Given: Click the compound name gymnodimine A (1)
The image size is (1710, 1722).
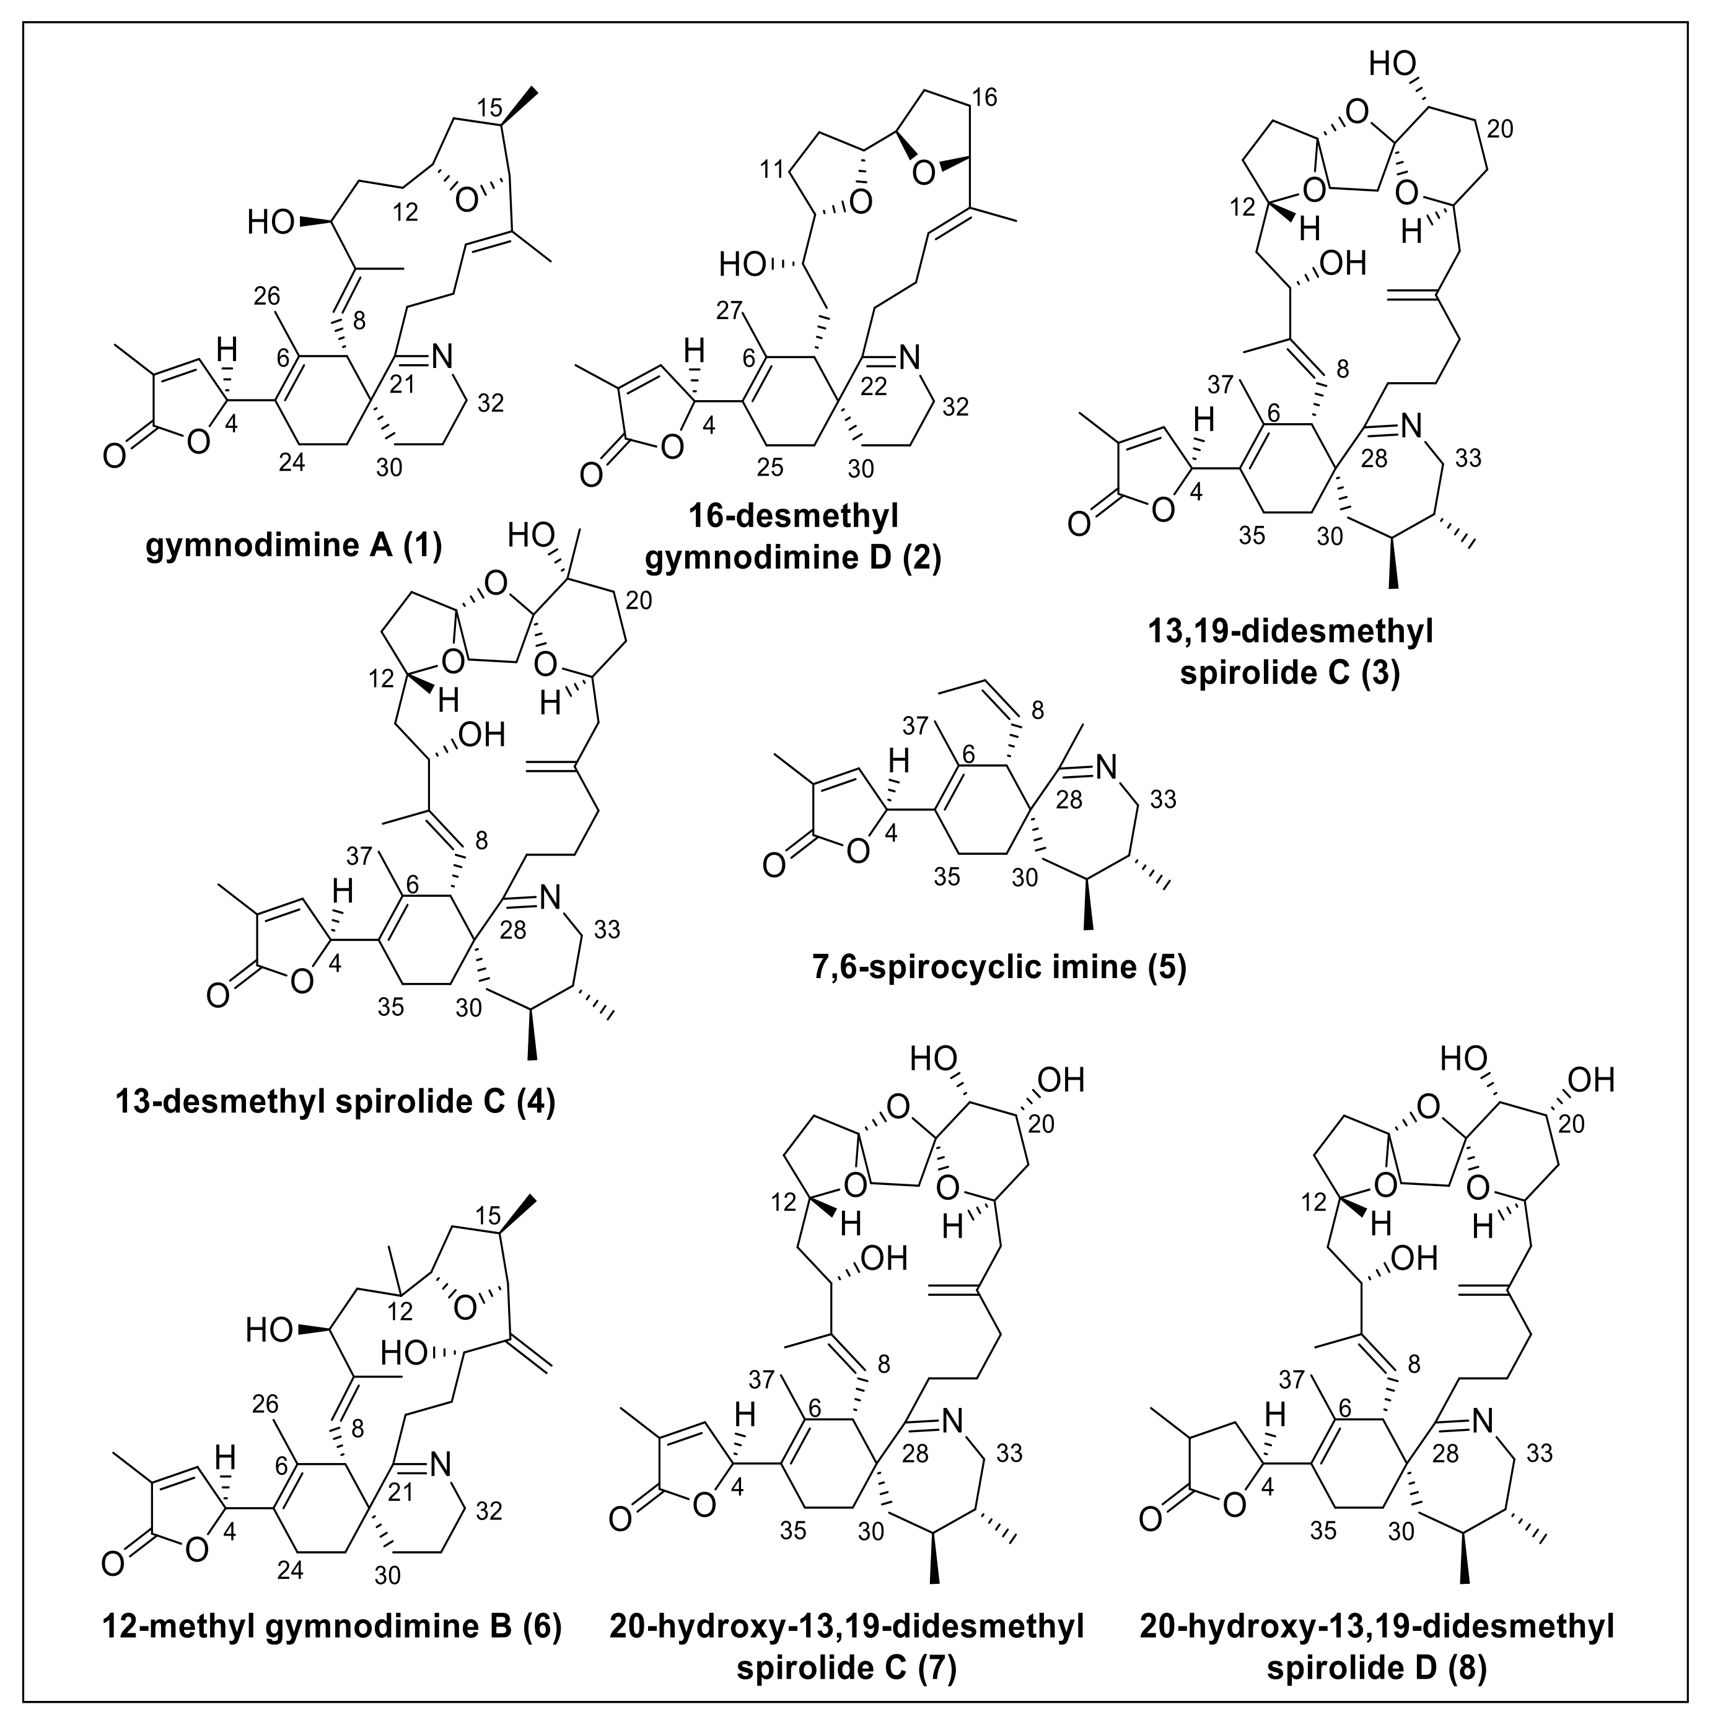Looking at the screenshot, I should point(294,546).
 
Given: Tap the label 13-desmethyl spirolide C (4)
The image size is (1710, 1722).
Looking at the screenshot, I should point(335,1103).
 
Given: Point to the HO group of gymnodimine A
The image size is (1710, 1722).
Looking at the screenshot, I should point(270,221).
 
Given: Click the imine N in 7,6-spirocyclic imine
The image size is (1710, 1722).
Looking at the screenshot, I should point(1105,765).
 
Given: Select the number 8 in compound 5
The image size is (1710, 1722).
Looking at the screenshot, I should point(1037,710).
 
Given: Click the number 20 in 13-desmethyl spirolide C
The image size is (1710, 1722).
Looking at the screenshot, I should point(638,600).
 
